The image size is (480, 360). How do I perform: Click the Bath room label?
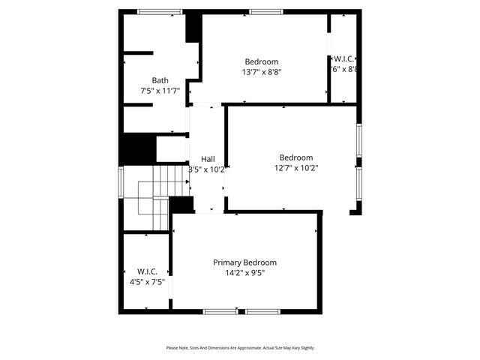160,80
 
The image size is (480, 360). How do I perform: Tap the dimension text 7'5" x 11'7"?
160,91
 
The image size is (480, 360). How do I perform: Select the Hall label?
208,159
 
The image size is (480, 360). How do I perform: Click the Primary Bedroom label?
244,262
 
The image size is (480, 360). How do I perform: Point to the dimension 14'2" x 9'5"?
244,273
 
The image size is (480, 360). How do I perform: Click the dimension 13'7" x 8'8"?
261,72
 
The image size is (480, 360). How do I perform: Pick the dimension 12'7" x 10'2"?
295,168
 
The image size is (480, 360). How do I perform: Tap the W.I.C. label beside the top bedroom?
344,58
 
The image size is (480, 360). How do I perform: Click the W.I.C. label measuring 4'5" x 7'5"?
146,271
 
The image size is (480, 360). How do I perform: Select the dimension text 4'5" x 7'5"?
146,282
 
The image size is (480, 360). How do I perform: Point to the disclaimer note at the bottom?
240,348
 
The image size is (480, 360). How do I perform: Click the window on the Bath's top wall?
160,11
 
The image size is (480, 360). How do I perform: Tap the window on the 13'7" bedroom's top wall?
265,11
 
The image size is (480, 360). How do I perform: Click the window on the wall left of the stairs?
121,182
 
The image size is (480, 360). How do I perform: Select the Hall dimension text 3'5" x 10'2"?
208,169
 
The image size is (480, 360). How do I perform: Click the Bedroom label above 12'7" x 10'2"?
295,157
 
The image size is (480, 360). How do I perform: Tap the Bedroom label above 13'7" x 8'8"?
261,61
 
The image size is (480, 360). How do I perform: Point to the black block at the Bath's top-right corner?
193,27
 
